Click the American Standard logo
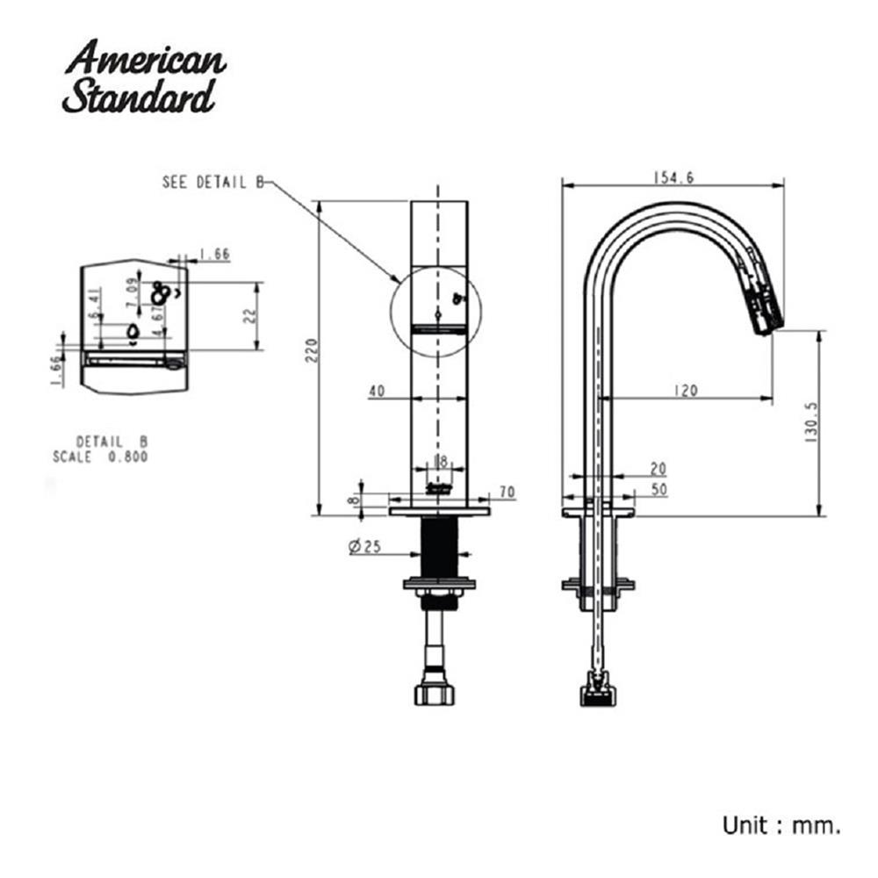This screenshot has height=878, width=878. pyautogui.click(x=144, y=76)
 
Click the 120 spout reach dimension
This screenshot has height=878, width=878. pyautogui.click(x=687, y=391)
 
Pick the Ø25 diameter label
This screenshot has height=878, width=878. pyautogui.click(x=364, y=547)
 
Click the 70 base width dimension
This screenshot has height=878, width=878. pyautogui.click(x=507, y=493)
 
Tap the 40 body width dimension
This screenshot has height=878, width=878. pyautogui.click(x=377, y=392)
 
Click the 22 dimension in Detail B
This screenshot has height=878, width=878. pyautogui.click(x=249, y=316)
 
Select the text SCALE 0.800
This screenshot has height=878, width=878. pyautogui.click(x=100, y=457)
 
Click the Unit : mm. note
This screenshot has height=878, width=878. pyautogui.click(x=781, y=825)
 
